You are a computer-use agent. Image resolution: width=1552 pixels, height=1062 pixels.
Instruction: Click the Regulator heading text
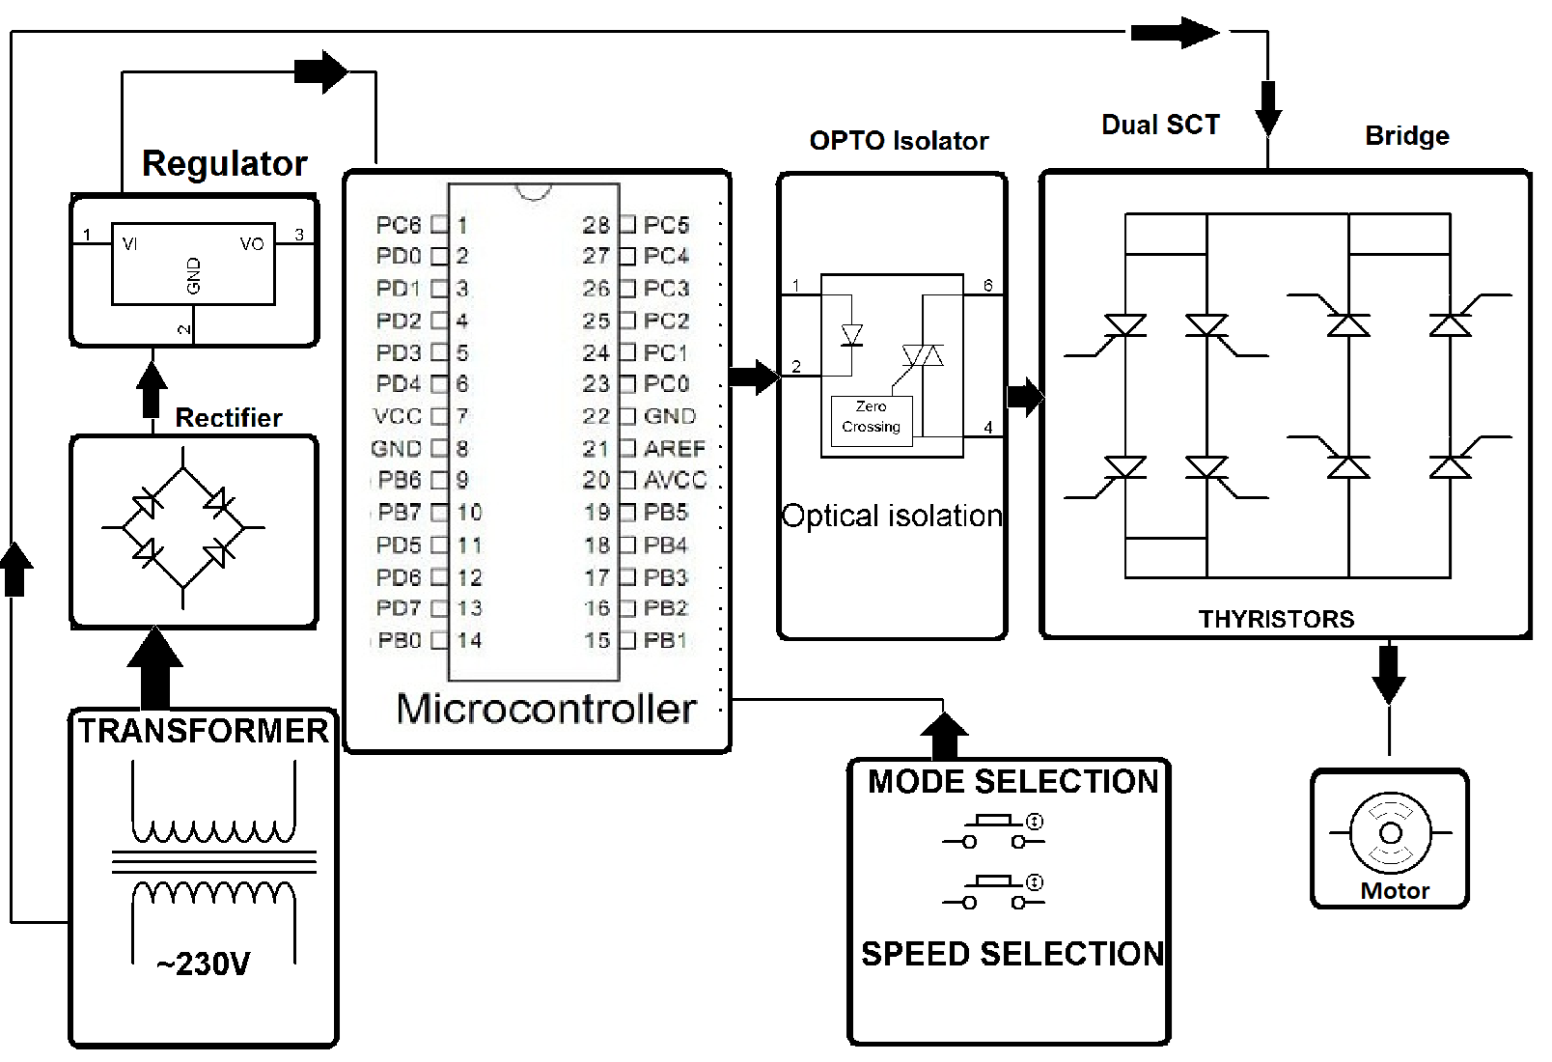pos(224,163)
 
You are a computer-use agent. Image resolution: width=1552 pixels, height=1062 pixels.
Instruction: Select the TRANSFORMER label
pos(203,731)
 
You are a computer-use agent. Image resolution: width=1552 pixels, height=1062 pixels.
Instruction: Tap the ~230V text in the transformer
pos(203,964)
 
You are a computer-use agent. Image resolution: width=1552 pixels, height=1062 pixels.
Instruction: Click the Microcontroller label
pos(546,709)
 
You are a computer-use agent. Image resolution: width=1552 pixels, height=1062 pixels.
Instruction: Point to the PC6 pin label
pos(399,225)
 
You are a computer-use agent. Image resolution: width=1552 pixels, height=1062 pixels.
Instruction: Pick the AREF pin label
pos(675,448)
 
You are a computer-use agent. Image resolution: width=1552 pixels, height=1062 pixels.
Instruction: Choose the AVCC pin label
pos(675,480)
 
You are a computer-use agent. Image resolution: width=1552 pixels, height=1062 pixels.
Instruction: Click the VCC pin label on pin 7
pos(398,416)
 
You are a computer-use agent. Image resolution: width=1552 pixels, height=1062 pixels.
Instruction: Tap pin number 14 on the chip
pos(470,640)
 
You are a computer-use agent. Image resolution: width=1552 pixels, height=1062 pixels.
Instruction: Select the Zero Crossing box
pos(871,417)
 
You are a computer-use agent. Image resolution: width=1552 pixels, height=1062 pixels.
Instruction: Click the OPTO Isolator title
pos(899,141)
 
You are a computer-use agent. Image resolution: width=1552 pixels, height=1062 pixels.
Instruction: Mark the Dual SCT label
pos(1160,125)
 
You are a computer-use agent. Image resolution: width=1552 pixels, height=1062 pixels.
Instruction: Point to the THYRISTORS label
pos(1276,619)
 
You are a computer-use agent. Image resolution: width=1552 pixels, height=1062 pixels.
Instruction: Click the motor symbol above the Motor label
pos(1390,832)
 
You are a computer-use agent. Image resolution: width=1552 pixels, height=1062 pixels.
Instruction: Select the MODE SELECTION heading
pos(1012,781)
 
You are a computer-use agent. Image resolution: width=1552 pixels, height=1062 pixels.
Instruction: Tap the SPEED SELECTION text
pos(1012,954)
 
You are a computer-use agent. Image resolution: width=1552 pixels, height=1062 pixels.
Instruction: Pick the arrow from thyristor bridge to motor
pos(1389,673)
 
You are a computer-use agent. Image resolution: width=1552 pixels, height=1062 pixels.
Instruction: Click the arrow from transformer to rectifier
pos(154,668)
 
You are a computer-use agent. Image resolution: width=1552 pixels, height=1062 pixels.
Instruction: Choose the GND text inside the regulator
pos(194,276)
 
